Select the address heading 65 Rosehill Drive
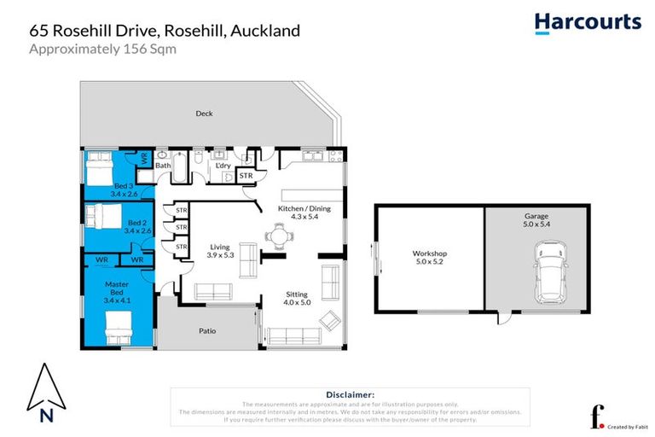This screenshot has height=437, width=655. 165,31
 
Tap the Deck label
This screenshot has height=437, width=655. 204,114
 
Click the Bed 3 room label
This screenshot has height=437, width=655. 124,189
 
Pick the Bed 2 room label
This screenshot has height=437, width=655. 136,225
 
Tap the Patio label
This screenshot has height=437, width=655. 206,330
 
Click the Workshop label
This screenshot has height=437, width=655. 430,258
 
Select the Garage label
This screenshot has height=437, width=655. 536,221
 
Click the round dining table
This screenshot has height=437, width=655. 279,236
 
